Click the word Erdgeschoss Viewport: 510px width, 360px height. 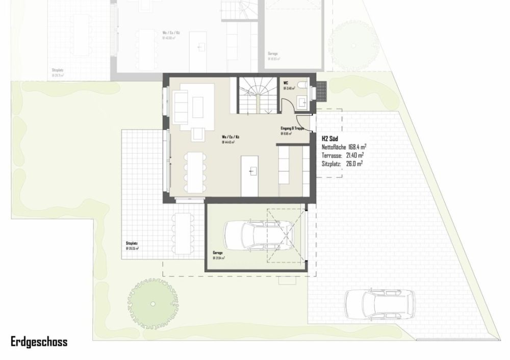pos(39,341)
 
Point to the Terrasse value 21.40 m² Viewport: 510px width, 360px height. pos(354,156)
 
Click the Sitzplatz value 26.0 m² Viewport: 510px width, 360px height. pos(352,164)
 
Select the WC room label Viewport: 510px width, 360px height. pos(286,82)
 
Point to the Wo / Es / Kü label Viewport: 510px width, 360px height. pos(231,138)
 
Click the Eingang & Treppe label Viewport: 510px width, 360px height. pos(292,128)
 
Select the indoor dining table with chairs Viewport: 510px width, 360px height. pos(194,171)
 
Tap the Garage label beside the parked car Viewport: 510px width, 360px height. pos(218,252)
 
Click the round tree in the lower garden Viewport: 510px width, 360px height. pos(152,303)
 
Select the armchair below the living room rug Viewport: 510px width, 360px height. pos(197,134)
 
